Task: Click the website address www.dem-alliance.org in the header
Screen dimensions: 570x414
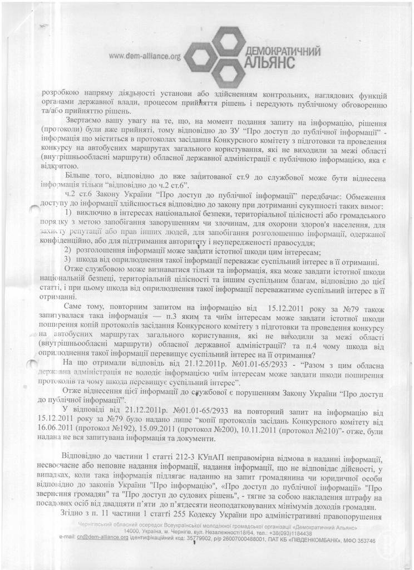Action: pos(145,56)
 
